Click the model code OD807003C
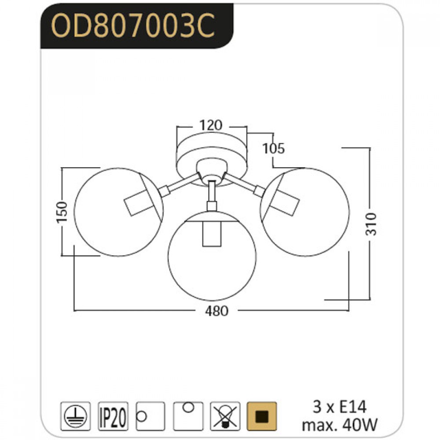(x=133, y=26)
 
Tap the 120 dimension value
(x=211, y=125)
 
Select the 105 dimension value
(x=273, y=148)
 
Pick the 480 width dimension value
(x=216, y=311)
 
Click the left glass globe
(x=119, y=212)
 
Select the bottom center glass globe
(x=212, y=256)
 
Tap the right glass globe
(x=305, y=212)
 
